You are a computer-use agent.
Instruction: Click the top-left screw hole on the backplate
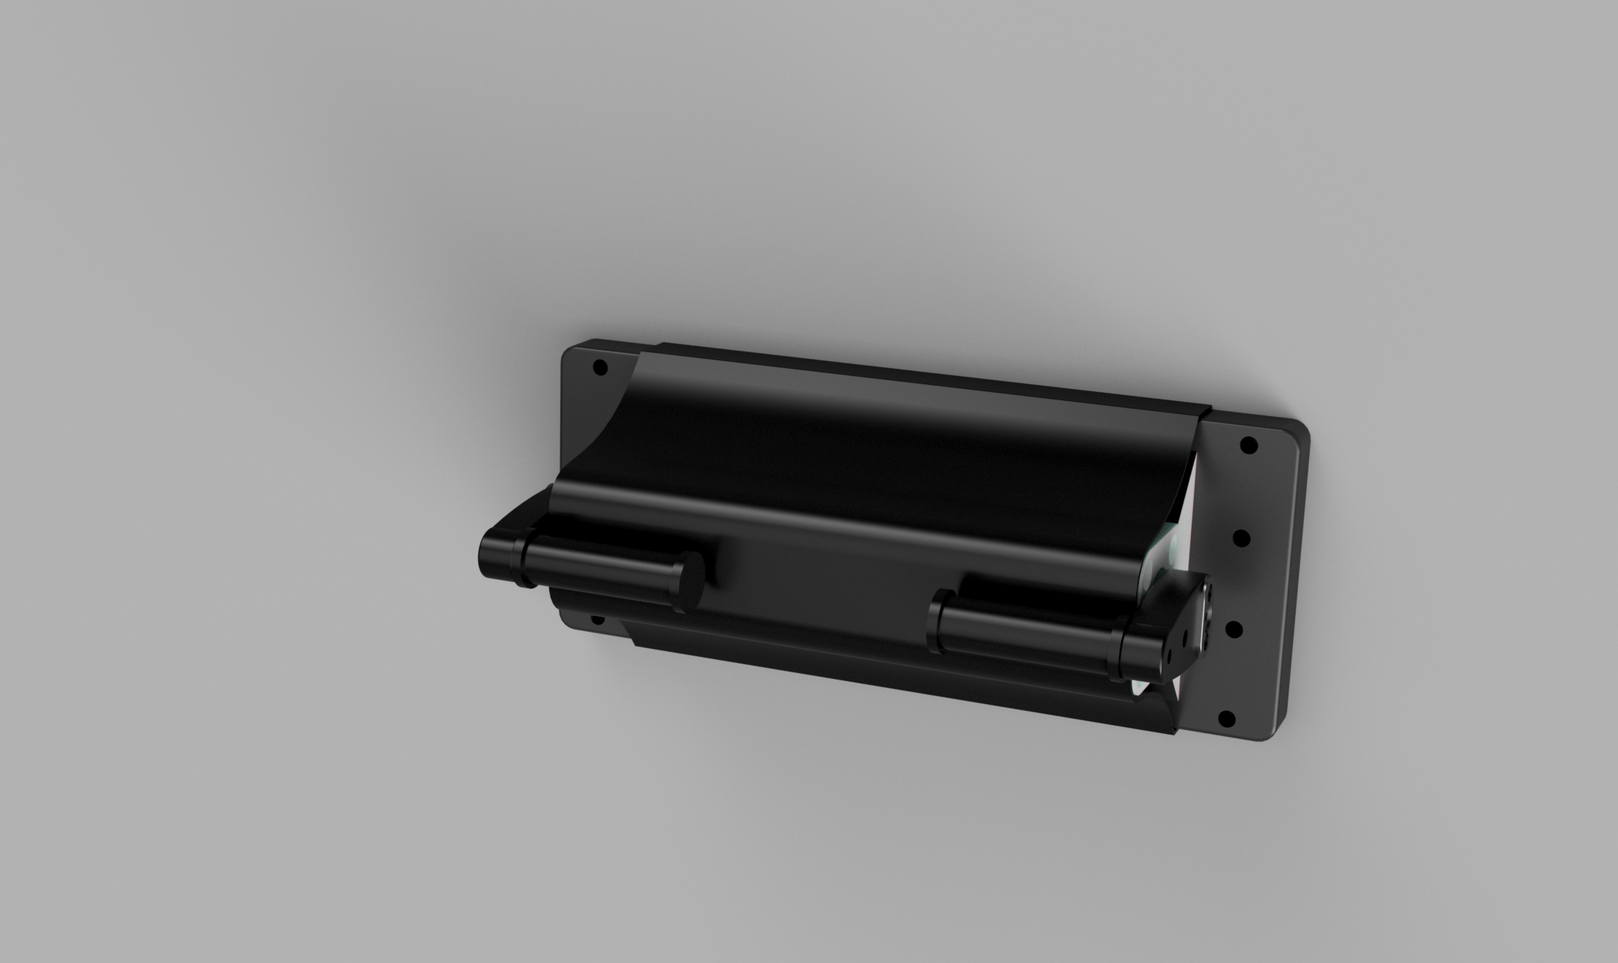point(600,367)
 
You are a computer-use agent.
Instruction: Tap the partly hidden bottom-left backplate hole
point(597,620)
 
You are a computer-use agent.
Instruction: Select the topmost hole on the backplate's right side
point(1248,444)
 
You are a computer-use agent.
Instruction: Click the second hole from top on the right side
point(1243,539)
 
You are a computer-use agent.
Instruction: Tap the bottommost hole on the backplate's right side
point(1226,719)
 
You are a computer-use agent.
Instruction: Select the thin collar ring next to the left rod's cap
point(522,563)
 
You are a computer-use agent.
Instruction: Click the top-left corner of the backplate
point(571,348)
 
